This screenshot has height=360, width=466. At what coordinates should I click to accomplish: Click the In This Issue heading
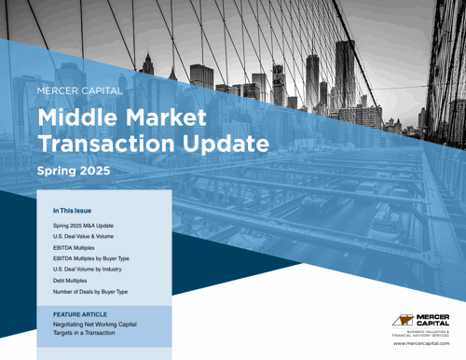tap(71, 212)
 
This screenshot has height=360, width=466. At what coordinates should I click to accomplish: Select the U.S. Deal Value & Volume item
tap(85, 242)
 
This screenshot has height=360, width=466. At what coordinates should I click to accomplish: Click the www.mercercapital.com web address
tap(424, 343)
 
